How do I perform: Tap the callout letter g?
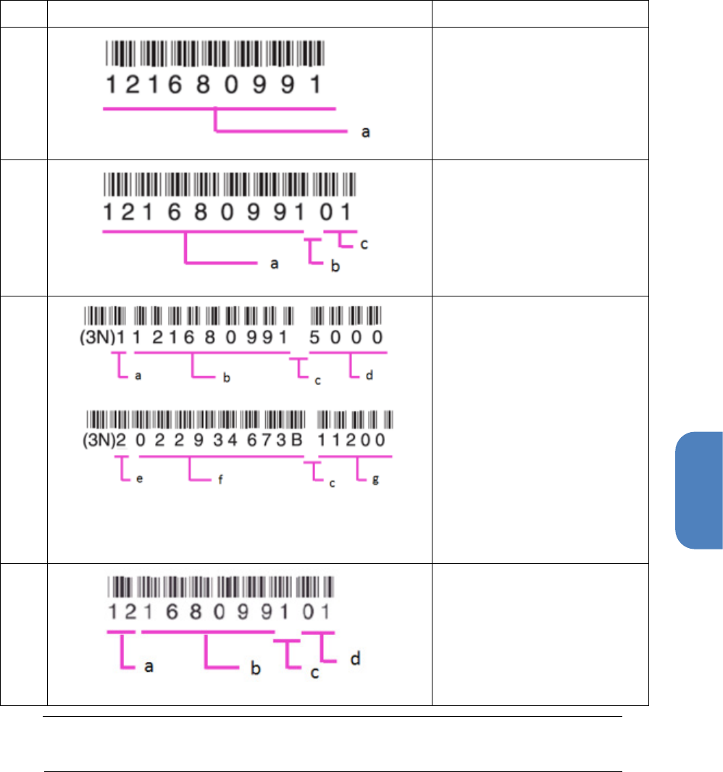click(375, 481)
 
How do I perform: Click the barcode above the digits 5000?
click(346, 315)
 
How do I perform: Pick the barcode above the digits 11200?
click(356, 419)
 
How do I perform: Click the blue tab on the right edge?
click(698, 491)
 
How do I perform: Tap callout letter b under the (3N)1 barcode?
click(226, 378)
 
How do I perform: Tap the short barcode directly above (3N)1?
click(106, 315)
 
